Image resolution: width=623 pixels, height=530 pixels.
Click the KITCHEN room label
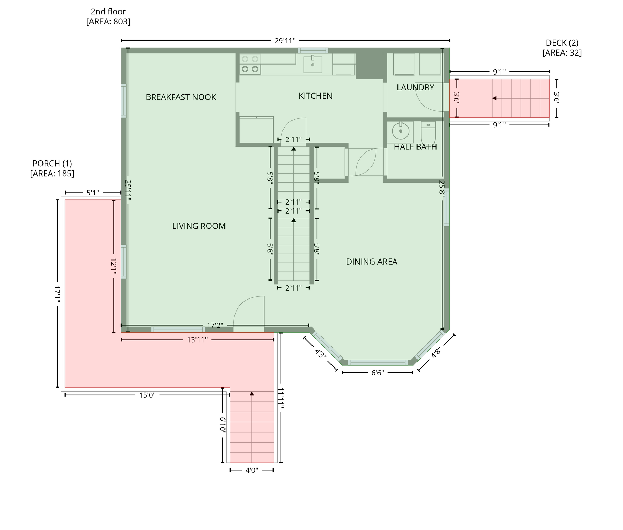(315, 96)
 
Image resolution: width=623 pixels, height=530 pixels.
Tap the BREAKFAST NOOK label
(181, 97)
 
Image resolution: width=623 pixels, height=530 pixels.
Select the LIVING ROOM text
(199, 226)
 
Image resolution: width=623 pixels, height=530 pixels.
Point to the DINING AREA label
(372, 262)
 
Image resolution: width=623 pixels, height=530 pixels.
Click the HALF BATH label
(415, 147)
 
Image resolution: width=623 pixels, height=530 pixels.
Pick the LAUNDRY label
(415, 88)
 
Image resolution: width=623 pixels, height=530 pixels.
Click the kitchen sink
(313, 65)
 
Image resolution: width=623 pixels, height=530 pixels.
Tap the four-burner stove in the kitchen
(250, 64)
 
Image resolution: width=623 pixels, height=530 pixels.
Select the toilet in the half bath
(428, 132)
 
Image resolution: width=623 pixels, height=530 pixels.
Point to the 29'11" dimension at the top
(285, 41)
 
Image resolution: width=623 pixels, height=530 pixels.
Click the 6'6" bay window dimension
(377, 373)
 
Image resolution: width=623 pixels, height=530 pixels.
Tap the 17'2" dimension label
(215, 325)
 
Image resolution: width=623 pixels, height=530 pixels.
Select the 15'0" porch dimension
(147, 395)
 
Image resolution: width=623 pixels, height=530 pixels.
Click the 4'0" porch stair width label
(252, 470)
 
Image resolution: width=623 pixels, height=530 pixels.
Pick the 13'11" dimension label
(197, 340)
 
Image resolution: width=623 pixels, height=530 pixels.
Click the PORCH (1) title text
(52, 164)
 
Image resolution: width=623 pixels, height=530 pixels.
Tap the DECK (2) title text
(562, 43)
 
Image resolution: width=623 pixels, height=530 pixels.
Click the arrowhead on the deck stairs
(495, 98)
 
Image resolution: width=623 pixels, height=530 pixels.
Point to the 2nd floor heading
(108, 12)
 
